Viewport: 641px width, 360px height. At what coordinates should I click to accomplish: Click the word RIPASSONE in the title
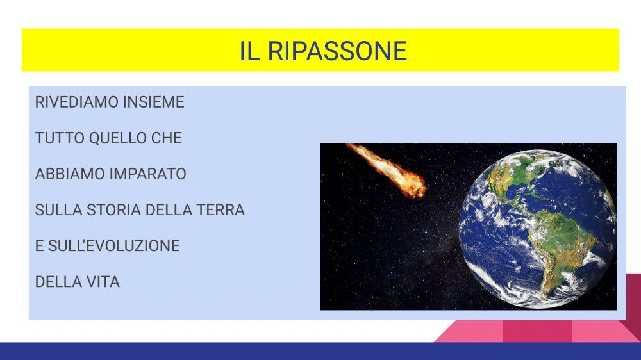click(x=337, y=51)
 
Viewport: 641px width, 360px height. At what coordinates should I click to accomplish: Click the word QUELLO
click(x=117, y=138)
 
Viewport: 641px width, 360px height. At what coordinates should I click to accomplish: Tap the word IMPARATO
click(x=147, y=174)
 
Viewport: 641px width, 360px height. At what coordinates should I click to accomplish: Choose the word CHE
click(x=167, y=138)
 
